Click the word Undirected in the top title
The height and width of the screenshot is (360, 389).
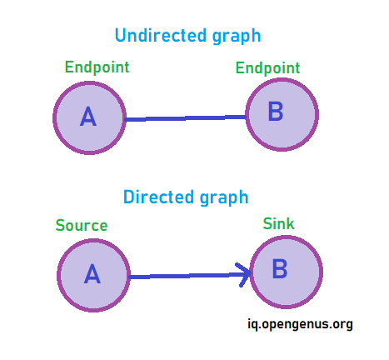tap(161, 35)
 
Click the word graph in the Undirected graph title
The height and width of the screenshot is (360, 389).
tap(237, 37)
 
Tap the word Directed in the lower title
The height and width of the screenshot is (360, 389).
tap(158, 197)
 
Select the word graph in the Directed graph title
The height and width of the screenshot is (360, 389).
tap(224, 198)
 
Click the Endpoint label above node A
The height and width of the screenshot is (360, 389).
tap(97, 67)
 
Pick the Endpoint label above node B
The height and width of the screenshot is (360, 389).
tap(267, 68)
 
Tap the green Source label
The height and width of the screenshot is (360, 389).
tap(82, 225)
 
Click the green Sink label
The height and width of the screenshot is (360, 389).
tap(278, 223)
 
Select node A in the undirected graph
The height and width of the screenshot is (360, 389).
tap(89, 117)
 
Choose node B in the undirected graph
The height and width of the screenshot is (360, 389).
tap(282, 115)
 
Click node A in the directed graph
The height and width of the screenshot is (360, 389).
tap(93, 275)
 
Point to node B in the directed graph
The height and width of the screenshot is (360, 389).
tap(287, 272)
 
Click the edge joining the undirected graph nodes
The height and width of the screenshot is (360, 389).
tap(186, 118)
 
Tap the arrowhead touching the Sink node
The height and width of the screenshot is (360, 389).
tap(243, 275)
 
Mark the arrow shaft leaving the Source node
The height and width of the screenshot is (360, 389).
tap(190, 276)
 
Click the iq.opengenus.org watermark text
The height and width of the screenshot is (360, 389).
tap(300, 324)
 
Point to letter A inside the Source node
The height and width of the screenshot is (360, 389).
tap(92, 273)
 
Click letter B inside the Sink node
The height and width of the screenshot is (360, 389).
tap(280, 268)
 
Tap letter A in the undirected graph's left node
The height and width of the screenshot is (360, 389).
tap(88, 117)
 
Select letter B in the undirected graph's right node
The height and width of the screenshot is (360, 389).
tap(276, 111)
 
